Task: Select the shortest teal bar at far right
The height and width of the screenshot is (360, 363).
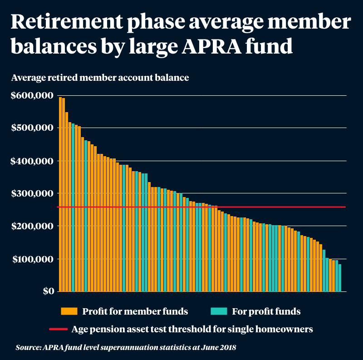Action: [x=339, y=278]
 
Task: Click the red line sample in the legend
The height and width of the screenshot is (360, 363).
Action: [x=58, y=329]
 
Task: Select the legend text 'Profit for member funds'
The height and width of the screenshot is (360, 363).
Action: [x=135, y=311]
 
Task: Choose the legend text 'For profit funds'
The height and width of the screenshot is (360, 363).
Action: [x=266, y=311]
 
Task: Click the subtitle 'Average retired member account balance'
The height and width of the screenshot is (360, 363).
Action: [x=100, y=78]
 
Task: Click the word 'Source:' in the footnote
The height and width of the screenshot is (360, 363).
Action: [x=29, y=348]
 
